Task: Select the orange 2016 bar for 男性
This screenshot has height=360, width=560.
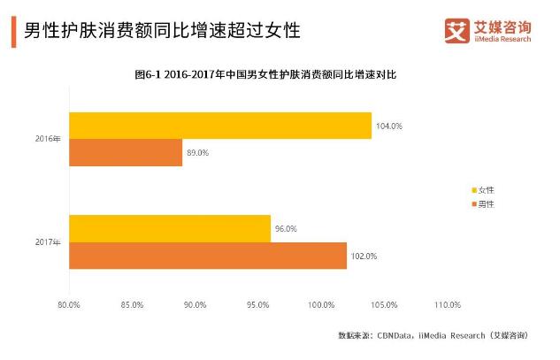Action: [125, 152]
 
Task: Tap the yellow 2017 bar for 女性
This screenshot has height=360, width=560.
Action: [169, 228]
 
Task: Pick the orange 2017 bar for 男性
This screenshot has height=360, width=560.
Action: [207, 256]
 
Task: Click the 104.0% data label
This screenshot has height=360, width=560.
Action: [389, 126]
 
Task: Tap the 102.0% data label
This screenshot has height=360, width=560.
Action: [364, 256]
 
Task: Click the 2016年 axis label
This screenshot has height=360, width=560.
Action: [48, 139]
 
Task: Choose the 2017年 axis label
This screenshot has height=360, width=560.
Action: [48, 241]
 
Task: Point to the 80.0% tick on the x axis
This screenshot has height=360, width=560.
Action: [68, 304]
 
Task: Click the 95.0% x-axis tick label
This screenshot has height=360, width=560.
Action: [258, 304]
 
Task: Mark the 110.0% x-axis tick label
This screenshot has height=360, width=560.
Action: [449, 304]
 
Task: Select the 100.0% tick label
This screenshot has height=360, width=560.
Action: [321, 304]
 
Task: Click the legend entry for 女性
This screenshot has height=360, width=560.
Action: [484, 190]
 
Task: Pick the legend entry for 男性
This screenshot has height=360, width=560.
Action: [484, 204]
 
